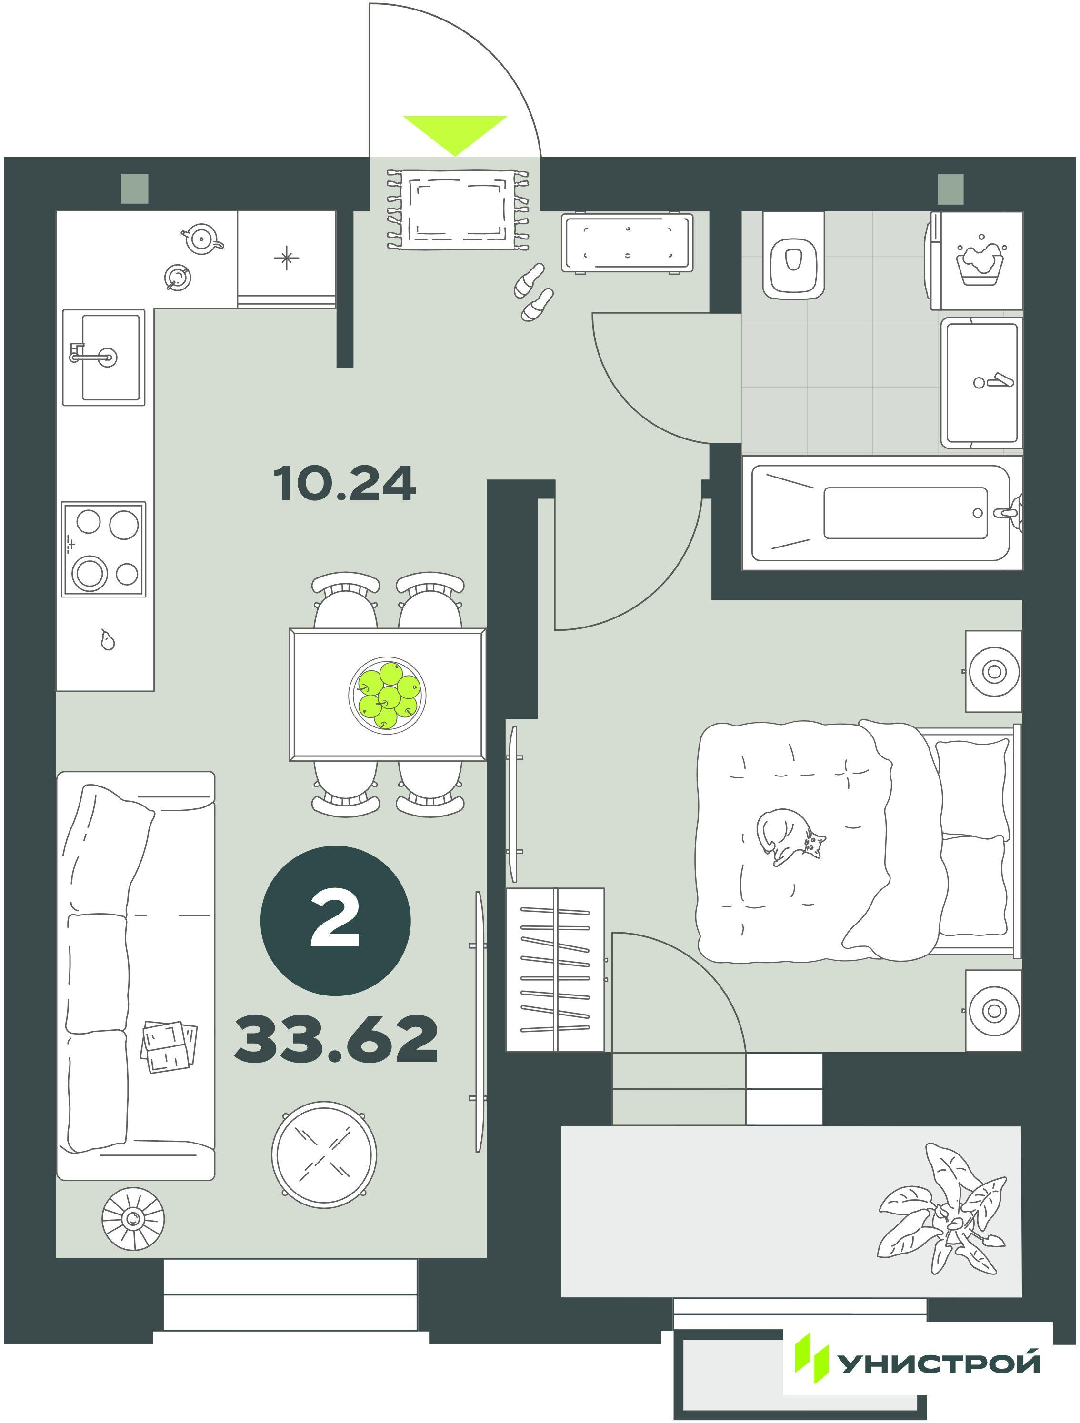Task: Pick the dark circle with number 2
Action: click(x=335, y=921)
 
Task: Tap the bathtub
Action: click(x=882, y=513)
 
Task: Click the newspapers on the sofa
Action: click(x=169, y=1047)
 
